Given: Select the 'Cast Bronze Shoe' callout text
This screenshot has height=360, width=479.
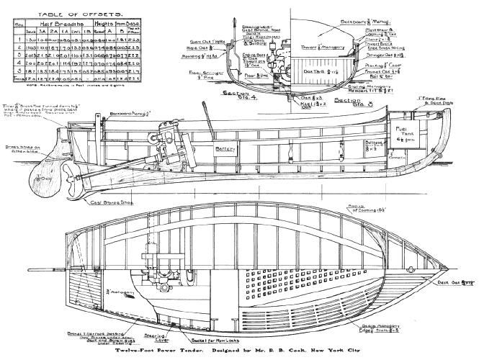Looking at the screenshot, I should pos(130,202).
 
